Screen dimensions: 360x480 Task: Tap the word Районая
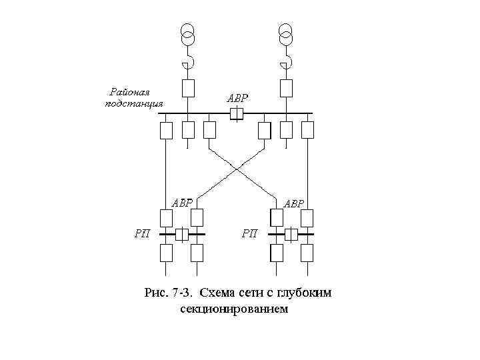click(x=131, y=91)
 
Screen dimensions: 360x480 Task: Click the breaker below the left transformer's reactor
click(x=188, y=87)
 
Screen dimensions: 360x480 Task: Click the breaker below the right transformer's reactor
click(x=286, y=87)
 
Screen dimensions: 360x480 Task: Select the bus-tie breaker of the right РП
click(x=291, y=234)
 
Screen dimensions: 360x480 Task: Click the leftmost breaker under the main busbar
click(x=166, y=130)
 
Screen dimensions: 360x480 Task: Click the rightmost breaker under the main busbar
click(x=307, y=130)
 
